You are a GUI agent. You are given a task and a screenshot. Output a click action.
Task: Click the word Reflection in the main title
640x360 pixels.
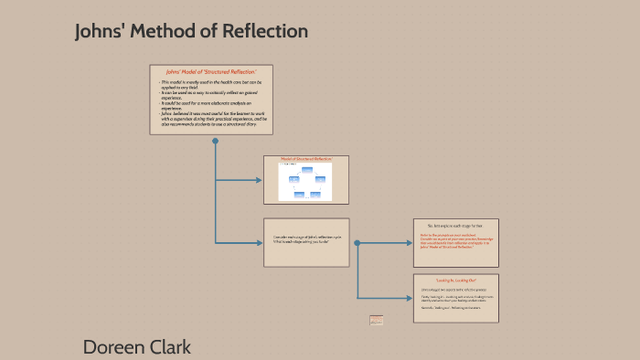pos(264,31)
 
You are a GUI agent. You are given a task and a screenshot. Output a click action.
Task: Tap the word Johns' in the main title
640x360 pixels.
pos(101,31)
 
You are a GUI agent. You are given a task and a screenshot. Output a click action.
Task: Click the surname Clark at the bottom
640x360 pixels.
pos(174,346)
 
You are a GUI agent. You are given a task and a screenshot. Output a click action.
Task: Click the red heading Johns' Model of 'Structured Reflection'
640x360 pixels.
pos(211,71)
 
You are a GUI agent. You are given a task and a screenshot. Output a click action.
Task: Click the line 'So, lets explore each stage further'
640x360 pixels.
pos(454,225)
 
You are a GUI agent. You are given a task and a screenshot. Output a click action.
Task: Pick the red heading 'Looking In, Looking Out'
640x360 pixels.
pos(454,280)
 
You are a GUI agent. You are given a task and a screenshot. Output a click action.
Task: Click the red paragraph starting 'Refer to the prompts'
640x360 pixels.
pos(454,240)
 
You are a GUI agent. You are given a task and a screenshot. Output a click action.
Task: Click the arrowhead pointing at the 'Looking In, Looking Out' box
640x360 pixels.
pos(411,298)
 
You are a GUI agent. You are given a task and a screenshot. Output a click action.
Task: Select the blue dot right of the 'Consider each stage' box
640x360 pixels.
pos(357,243)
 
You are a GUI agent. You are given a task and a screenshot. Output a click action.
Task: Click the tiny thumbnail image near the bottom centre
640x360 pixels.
pos(376,320)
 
